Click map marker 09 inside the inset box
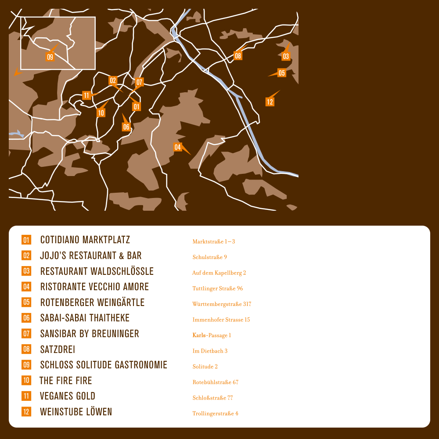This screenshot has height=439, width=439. click(50, 57)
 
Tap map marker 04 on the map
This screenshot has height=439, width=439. click(178, 147)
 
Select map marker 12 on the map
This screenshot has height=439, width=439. click(270, 102)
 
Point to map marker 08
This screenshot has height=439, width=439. click(238, 56)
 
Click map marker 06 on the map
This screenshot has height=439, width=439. click(126, 127)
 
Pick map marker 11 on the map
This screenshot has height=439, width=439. click(86, 95)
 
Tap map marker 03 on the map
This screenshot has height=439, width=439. click(286, 56)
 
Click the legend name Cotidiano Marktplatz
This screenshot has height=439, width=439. click(85, 240)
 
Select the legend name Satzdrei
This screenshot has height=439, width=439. click(58, 349)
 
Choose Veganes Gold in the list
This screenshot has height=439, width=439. click(68, 396)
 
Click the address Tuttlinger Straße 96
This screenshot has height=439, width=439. click(218, 288)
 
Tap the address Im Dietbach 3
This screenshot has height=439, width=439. click(210, 351)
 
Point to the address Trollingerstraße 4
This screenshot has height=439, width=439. click(215, 414)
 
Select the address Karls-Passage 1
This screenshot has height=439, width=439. click(212, 335)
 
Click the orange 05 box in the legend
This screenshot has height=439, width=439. click(26, 302)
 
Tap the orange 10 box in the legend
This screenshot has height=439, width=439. click(26, 380)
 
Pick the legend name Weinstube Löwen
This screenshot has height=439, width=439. click(76, 412)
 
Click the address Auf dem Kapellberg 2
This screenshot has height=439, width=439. click(219, 273)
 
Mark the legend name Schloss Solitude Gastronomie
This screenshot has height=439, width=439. click(104, 365)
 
